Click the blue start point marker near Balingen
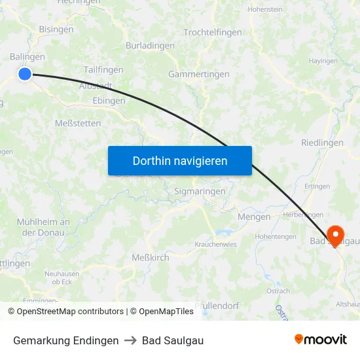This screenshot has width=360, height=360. click(25, 74)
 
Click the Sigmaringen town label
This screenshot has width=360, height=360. click(200, 191)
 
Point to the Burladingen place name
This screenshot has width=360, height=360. click(150, 46)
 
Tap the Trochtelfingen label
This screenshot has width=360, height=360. click(213, 32)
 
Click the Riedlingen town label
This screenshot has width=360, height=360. click(322, 143)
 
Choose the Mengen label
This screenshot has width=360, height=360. click(255, 217)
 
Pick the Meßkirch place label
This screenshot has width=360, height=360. click(151, 257)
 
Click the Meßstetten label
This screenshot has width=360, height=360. click(78, 123)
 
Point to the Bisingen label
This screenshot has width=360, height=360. click(56, 29)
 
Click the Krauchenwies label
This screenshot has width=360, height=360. click(216, 243)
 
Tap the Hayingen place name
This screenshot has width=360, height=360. click(323, 60)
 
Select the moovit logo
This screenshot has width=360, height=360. click(320, 340)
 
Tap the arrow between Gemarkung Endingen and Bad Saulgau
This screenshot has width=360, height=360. click(130, 340)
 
